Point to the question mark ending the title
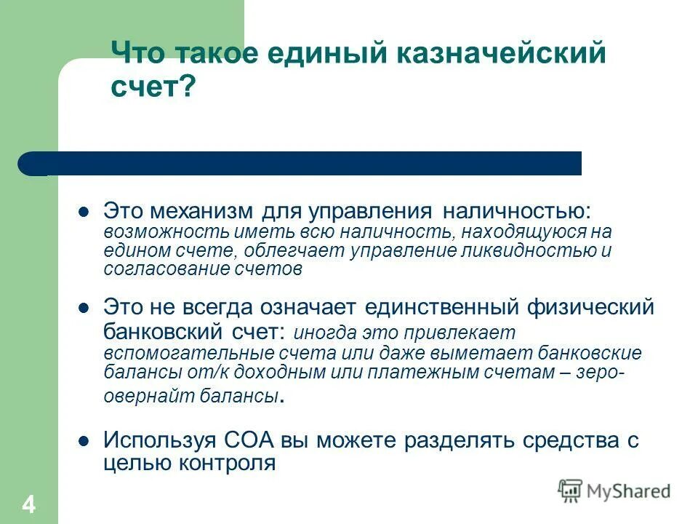[189, 88]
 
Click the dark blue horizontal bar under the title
[305, 163]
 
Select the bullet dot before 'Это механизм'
[83, 213]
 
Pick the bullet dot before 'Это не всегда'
[83, 308]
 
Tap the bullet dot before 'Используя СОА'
[83, 441]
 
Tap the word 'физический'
[595, 307]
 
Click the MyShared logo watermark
[614, 491]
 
